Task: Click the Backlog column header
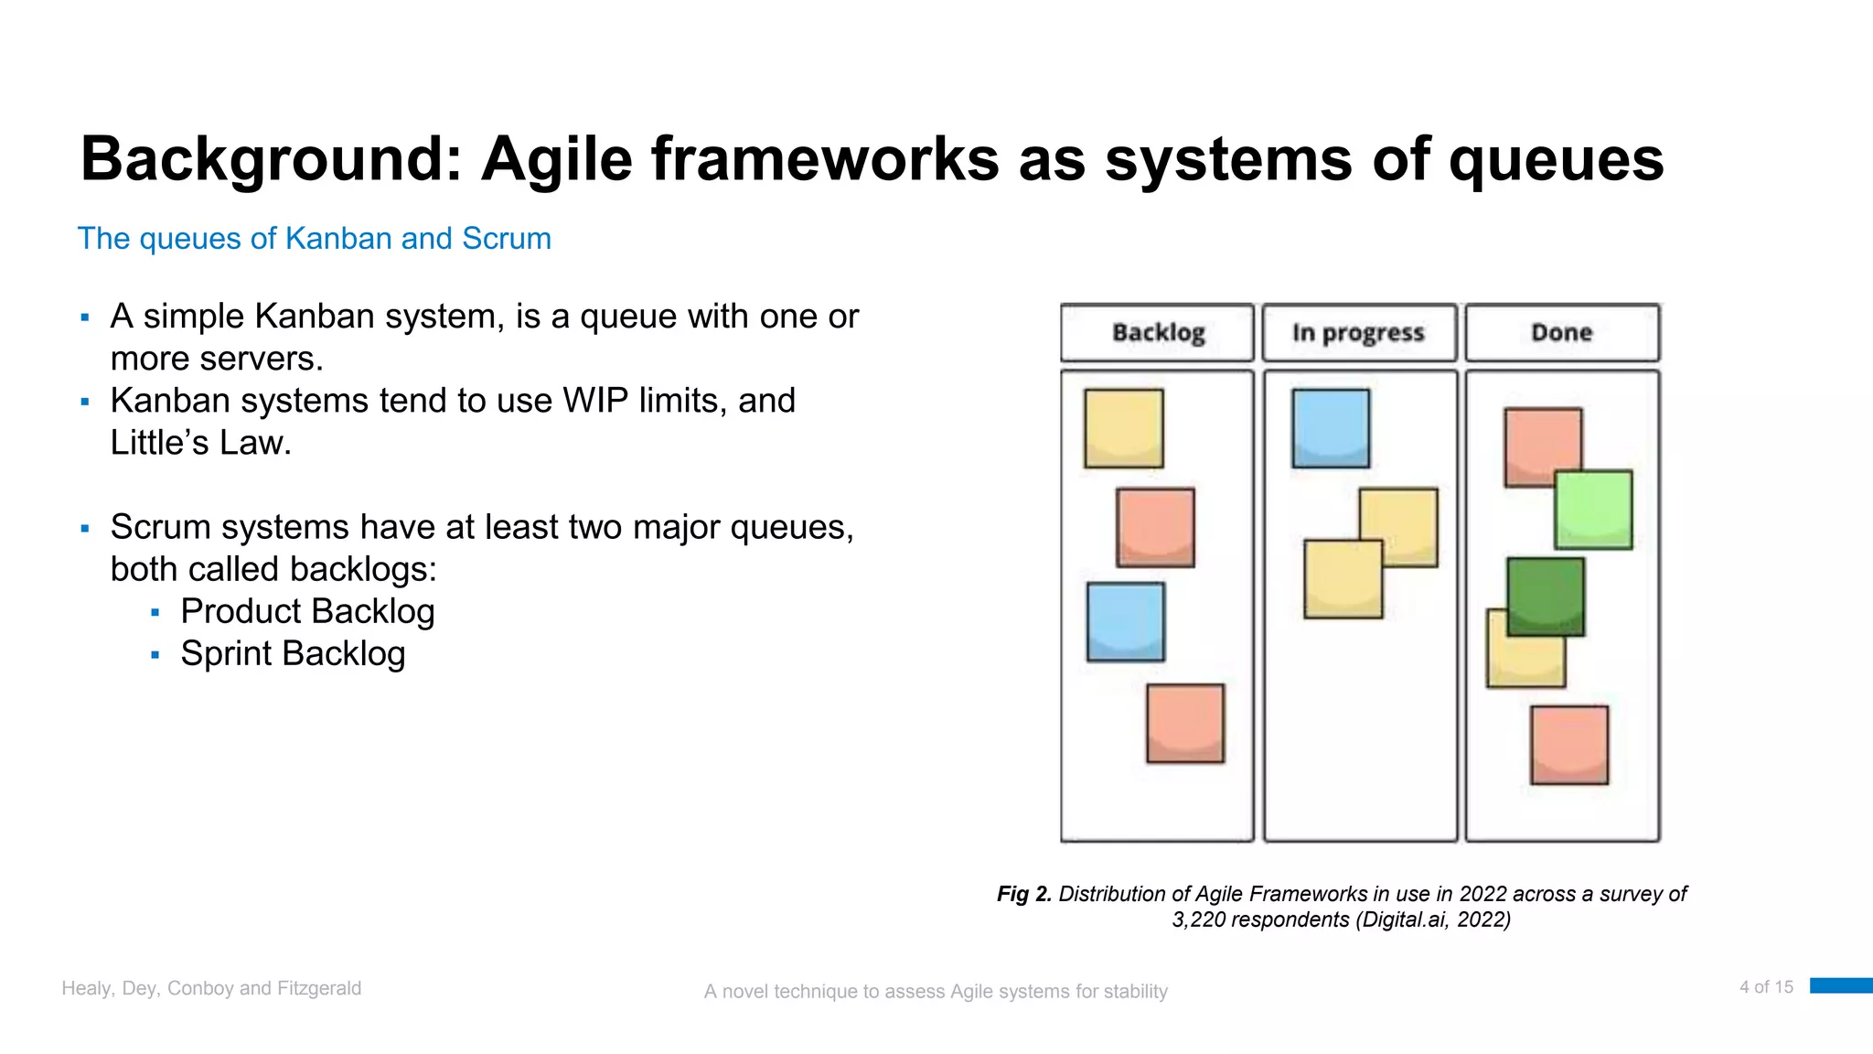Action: pos(1157,332)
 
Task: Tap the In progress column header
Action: pos(1358,332)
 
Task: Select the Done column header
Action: pos(1561,332)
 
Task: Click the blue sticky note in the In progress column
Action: pos(1331,428)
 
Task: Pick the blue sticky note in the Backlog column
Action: pos(1125,621)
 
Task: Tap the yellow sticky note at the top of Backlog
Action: pos(1123,428)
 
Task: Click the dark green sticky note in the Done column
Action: pos(1545,596)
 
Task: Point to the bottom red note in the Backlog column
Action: pos(1185,723)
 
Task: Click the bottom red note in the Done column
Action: pos(1568,744)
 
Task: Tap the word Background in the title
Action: pos(271,159)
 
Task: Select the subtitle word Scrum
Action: pos(506,239)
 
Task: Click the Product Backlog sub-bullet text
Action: pos(307,611)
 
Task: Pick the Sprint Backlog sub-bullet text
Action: pos(293,653)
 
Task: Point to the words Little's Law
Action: pos(200,443)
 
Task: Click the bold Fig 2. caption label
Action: pos(1023,894)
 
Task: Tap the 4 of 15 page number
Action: pos(1765,987)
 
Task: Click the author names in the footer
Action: pos(211,988)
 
